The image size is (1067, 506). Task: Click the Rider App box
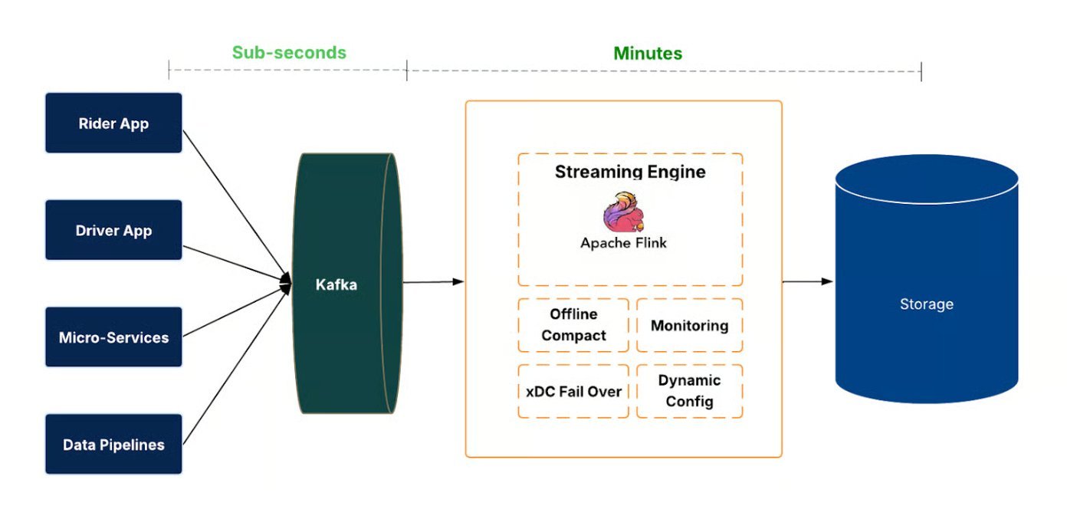(113, 123)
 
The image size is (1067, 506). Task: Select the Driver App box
(113, 230)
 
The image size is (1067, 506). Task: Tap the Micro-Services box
(113, 337)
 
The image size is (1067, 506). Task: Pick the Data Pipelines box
(113, 444)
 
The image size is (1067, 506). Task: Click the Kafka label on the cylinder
(336, 284)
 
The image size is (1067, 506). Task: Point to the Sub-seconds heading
(289, 53)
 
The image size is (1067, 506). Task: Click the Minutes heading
(647, 53)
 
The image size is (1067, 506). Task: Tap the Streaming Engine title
(630, 172)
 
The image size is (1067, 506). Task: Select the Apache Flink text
(623, 243)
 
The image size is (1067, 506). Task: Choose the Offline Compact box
(573, 325)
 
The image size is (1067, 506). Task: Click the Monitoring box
(689, 326)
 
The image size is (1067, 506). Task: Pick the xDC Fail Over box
(573, 391)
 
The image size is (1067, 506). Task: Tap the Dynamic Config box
(689, 391)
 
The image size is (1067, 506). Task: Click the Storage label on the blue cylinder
(926, 304)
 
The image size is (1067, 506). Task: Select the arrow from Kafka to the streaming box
(433, 282)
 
